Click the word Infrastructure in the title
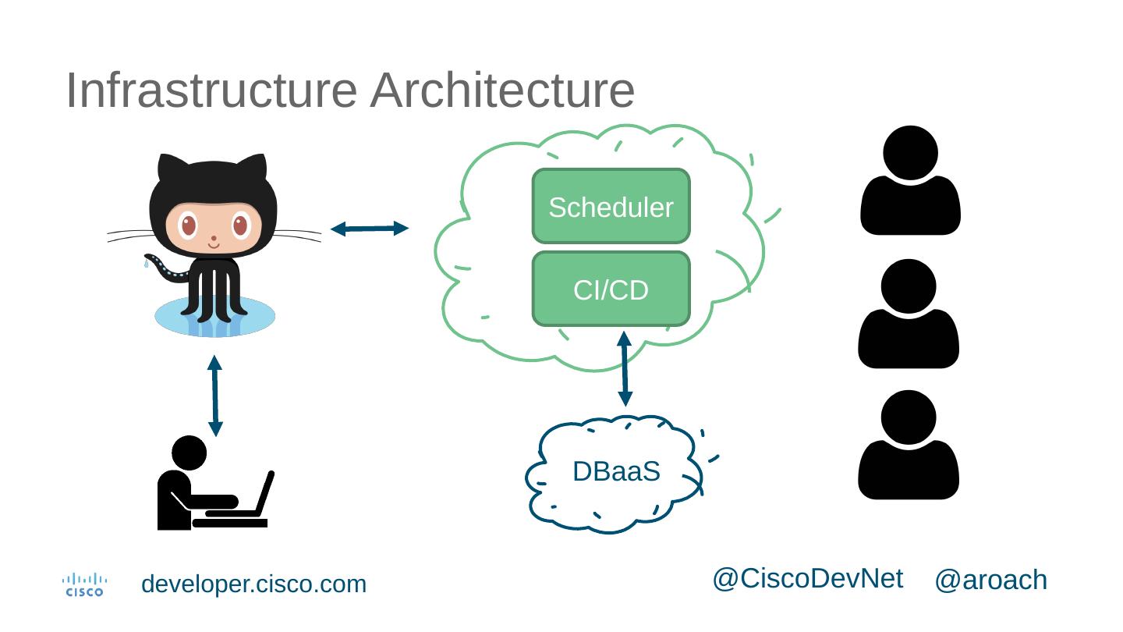tap(211, 90)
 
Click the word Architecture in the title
tap(502, 90)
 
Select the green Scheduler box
tap(611, 207)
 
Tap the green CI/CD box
tap(611, 289)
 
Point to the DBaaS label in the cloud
tap(616, 472)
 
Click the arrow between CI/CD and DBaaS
tap(624, 369)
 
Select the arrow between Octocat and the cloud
tap(370, 229)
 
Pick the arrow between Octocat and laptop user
tap(215, 396)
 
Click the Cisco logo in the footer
tap(84, 584)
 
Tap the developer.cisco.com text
tap(253, 584)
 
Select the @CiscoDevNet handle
tap(807, 578)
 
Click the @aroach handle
tap(990, 581)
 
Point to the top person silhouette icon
tap(910, 180)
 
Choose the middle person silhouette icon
tap(909, 314)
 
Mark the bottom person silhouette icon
tap(909, 445)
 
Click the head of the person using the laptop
tap(189, 453)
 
